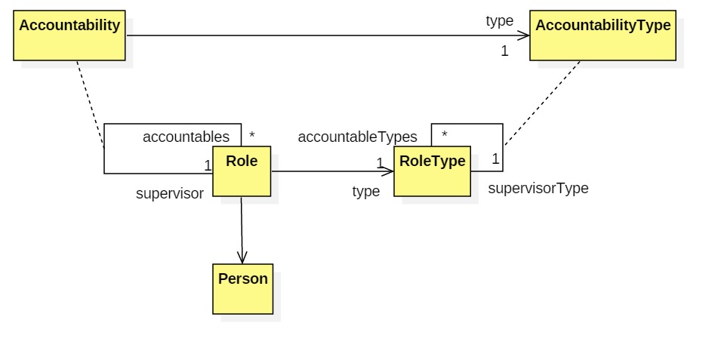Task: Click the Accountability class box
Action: coord(69,35)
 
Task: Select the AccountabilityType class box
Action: coord(602,35)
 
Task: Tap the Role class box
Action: coord(242,171)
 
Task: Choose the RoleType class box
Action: coord(432,171)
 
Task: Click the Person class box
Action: coord(242,289)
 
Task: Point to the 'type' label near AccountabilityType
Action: coord(499,21)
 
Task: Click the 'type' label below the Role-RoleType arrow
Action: coord(366,192)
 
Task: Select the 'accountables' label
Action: coord(186,137)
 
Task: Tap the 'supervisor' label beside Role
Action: coord(170,193)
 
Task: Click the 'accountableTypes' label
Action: coord(357,137)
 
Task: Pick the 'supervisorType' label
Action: coord(538,188)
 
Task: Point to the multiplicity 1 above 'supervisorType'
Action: coord(495,159)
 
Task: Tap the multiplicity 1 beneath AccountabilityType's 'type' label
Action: coord(504,51)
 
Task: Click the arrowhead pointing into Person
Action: coord(242,258)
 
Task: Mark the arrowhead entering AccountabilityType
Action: coord(523,35)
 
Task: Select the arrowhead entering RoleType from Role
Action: coord(387,171)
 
